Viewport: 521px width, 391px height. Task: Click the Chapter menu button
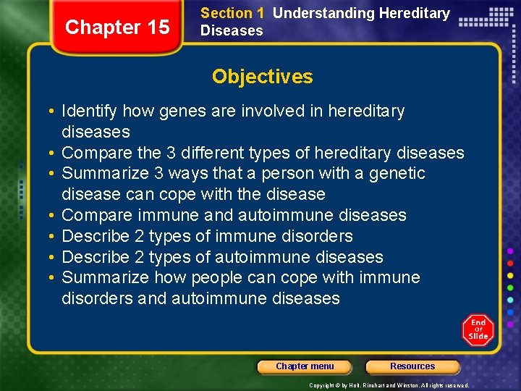(305, 366)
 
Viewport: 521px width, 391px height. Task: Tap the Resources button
(412, 366)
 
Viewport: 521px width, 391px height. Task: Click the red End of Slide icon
(478, 329)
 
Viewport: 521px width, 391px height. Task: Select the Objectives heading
(262, 77)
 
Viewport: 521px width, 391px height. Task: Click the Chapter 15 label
(117, 28)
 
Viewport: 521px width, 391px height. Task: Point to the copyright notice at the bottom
(389, 385)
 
